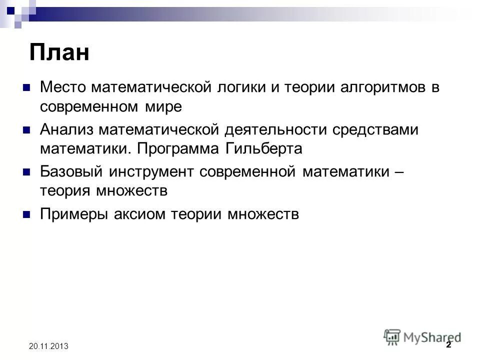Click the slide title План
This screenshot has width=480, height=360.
[59, 52]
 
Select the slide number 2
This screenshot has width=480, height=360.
[448, 345]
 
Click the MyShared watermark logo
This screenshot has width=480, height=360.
[422, 337]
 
